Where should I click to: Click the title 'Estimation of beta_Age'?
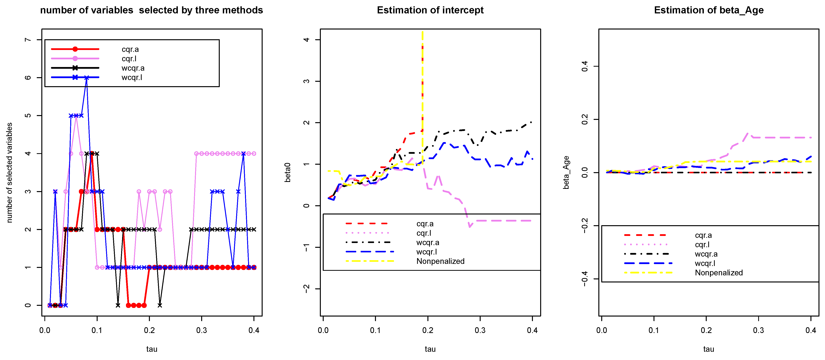click(708, 10)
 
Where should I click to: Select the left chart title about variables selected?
click(151, 10)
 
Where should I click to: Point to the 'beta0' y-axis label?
click(288, 172)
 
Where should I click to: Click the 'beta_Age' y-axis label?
click(566, 172)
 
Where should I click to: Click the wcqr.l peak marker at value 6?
click(87, 78)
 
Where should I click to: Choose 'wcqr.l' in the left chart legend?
click(132, 78)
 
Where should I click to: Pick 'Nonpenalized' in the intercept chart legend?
click(440, 261)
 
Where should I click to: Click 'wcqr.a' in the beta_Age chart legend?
click(706, 254)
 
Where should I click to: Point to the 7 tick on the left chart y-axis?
click(28, 40)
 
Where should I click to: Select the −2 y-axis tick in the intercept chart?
click(306, 289)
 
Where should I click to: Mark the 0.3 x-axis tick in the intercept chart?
click(480, 330)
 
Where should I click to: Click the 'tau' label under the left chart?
click(151, 349)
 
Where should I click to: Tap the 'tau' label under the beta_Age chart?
click(708, 349)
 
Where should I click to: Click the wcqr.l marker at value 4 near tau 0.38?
click(243, 154)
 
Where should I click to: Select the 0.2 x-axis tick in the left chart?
click(149, 330)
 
